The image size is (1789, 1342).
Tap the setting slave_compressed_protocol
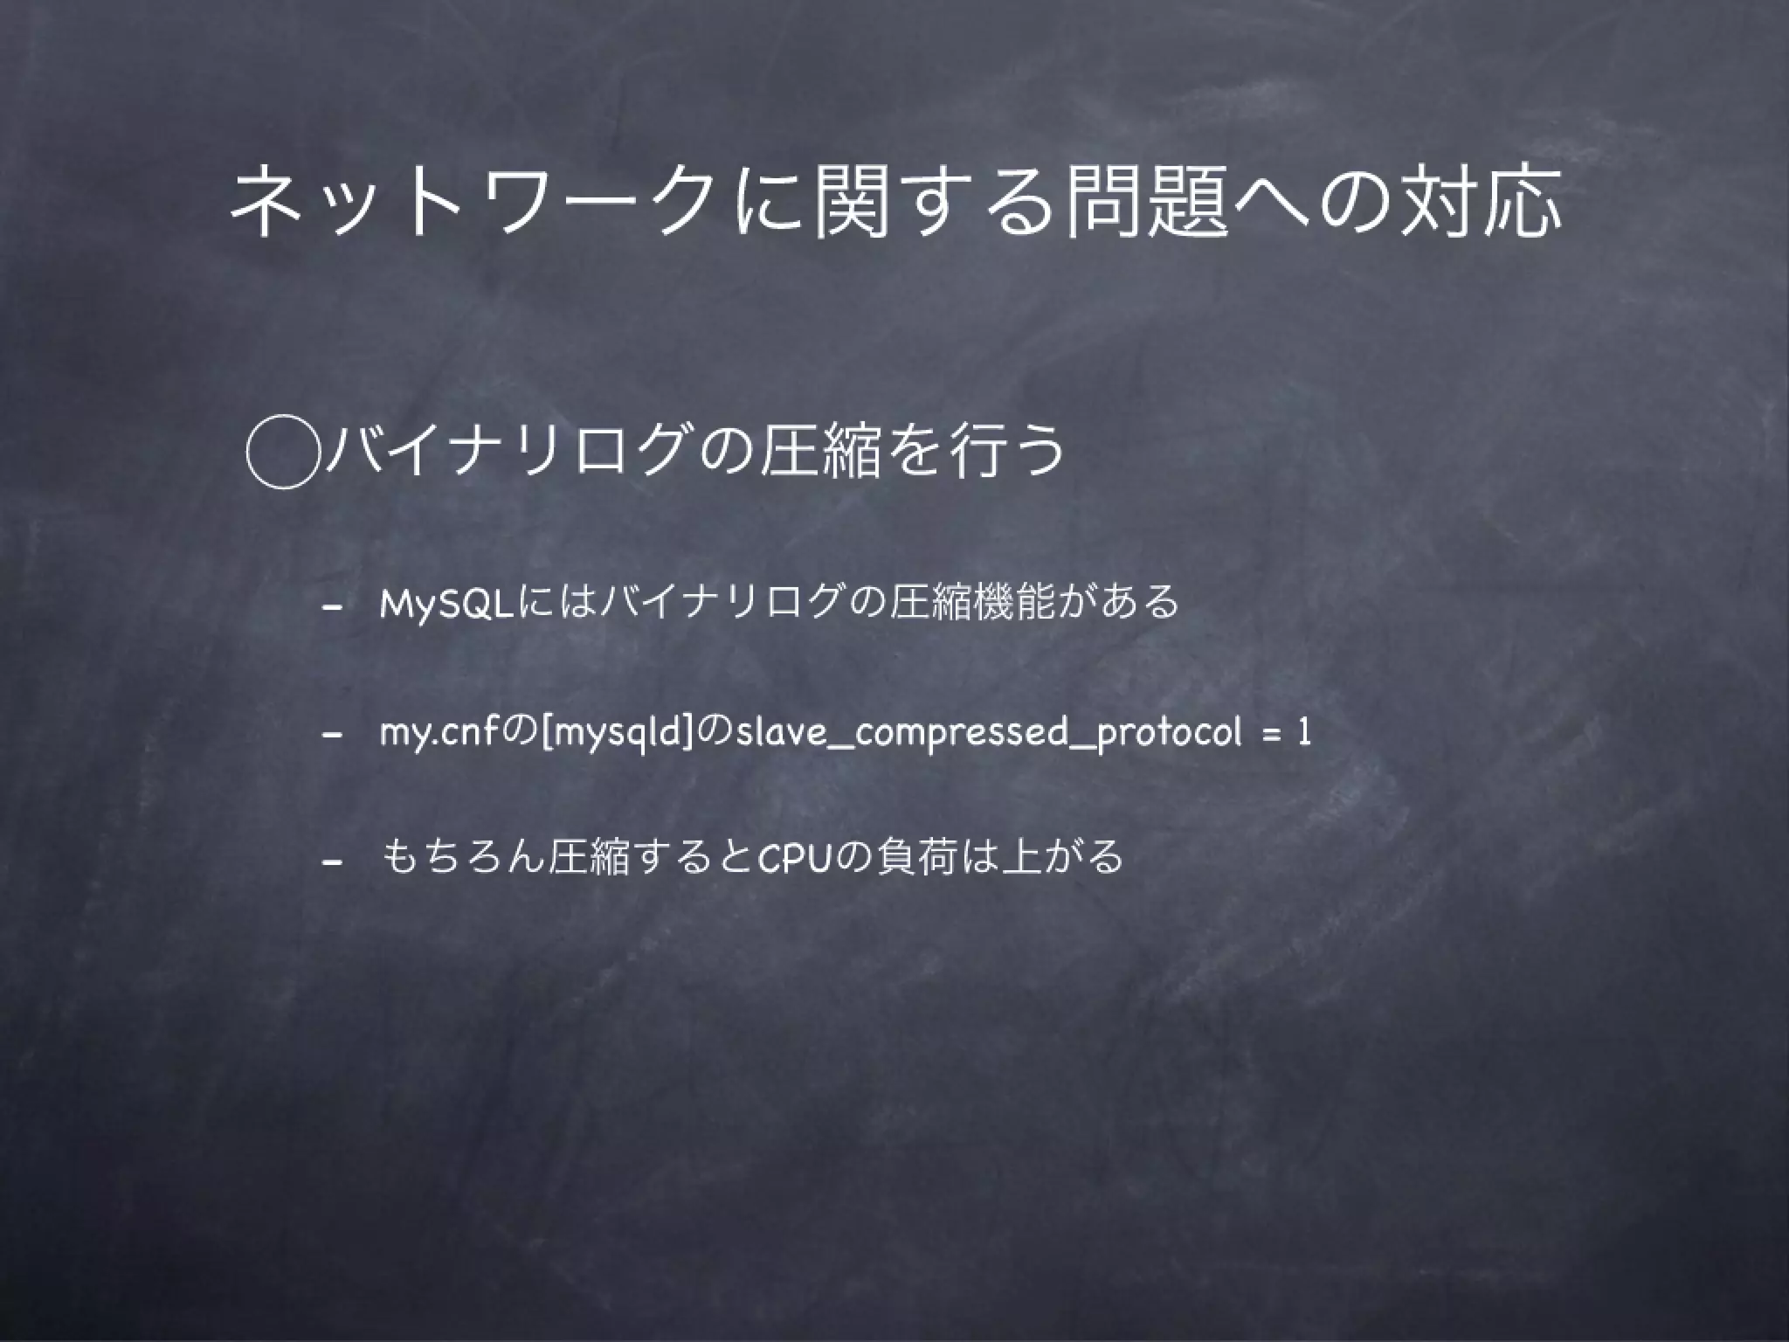click(x=988, y=733)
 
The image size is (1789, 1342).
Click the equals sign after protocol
click(x=1268, y=733)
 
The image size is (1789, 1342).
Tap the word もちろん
click(x=463, y=858)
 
